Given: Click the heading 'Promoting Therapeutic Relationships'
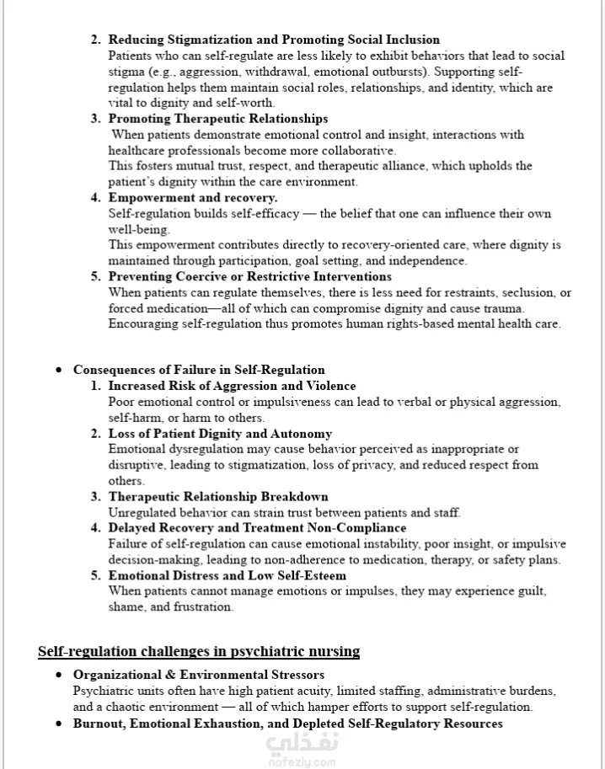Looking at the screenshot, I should tap(217, 119).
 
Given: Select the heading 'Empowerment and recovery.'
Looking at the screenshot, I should tap(192, 197).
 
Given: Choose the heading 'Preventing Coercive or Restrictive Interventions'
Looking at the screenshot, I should tap(249, 276).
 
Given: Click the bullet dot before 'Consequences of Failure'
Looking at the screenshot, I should tap(58, 371).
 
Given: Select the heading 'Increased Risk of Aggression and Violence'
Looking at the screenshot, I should tap(232, 386).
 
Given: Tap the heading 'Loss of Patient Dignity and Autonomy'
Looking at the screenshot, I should tap(220, 434).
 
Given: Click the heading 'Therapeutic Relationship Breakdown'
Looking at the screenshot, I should tap(217, 497).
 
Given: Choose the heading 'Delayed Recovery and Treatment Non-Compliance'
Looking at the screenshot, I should tap(257, 528).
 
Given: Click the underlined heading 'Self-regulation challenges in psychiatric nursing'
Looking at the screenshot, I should tap(199, 651).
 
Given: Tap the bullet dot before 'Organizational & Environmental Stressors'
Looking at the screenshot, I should tap(58, 676).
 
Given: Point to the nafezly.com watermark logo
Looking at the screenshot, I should tap(302, 749).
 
